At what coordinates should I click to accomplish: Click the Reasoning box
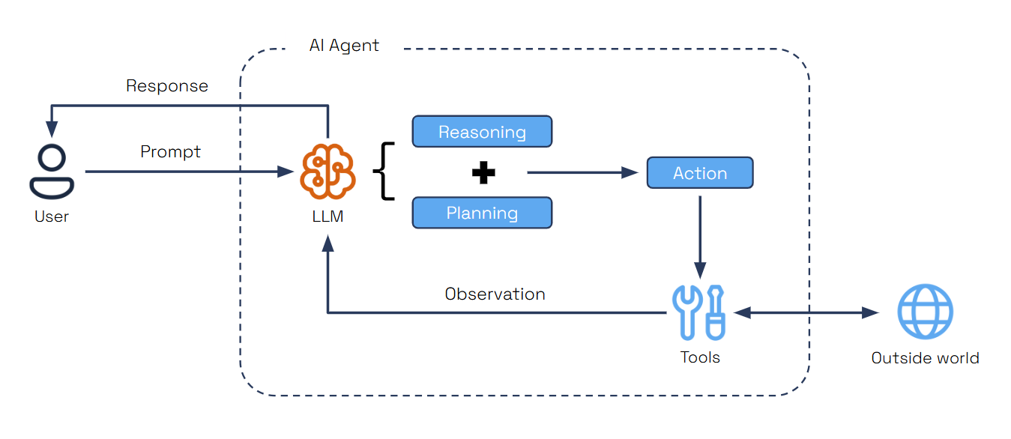482,132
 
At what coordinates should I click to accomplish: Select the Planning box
482,213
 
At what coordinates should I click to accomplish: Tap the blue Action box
699,173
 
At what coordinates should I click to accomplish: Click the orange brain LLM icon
328,172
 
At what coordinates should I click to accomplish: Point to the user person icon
52,172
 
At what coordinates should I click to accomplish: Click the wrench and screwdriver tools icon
699,312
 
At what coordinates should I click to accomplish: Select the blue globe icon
925,312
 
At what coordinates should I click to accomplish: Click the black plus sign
483,173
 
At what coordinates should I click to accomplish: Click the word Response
166,86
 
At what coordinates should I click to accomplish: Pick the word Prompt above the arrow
171,152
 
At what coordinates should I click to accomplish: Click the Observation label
495,294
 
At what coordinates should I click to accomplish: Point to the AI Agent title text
344,46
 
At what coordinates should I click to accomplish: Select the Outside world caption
925,358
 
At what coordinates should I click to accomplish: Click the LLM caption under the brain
328,217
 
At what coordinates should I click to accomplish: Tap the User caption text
52,217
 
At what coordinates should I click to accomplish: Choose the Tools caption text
700,357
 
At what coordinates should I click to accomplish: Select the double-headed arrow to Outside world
806,312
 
